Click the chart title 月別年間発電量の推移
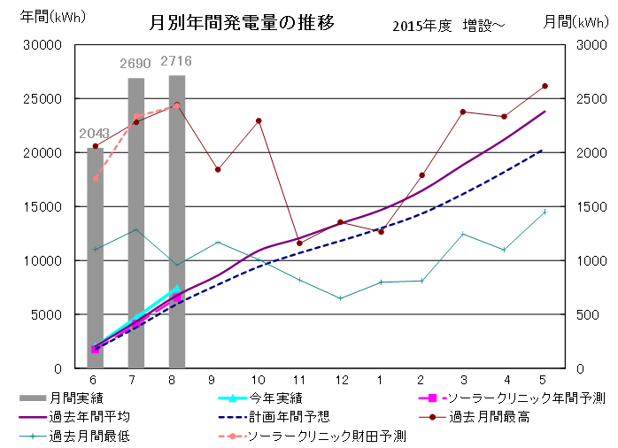242,21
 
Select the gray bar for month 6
95,257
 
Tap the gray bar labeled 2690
135,221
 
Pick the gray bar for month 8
177,221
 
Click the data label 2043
95,134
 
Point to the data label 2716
176,61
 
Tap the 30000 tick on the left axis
41,45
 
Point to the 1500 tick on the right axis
578,206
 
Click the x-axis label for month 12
340,380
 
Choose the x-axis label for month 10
259,380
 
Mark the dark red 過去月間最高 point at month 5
545,86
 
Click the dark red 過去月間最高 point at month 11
299,243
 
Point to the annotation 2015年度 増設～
448,26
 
